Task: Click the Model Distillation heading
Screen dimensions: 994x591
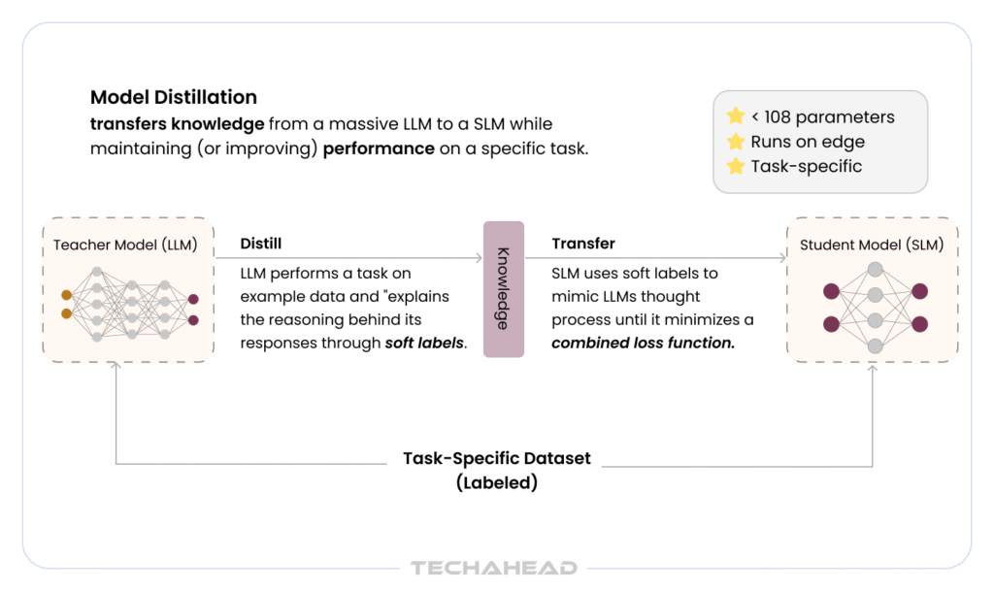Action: (x=174, y=97)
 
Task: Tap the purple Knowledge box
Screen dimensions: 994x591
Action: (x=504, y=289)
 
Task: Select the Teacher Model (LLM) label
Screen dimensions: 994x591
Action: (x=125, y=246)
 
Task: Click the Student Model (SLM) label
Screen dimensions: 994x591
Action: (x=872, y=246)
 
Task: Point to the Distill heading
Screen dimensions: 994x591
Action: (x=260, y=244)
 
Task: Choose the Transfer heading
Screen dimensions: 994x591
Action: (x=583, y=244)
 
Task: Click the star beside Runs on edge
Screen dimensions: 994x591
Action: (x=736, y=142)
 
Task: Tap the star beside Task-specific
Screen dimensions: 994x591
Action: (x=736, y=166)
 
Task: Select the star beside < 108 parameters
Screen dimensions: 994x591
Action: (x=736, y=116)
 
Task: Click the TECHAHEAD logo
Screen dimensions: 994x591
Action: (x=494, y=568)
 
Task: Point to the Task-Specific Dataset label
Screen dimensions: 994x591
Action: (x=497, y=458)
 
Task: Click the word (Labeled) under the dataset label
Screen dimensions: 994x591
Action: (x=497, y=482)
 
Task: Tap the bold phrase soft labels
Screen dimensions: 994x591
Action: (x=424, y=343)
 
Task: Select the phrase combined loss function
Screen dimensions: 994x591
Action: (x=643, y=343)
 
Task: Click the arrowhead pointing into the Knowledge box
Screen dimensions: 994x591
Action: (x=480, y=258)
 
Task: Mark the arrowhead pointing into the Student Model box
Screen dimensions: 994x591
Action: (x=783, y=258)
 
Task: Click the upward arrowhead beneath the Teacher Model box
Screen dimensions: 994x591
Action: (x=116, y=365)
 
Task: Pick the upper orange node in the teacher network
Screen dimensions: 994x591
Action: (x=67, y=295)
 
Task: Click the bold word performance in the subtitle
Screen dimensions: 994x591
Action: (x=379, y=148)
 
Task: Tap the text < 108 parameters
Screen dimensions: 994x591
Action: (x=823, y=117)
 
